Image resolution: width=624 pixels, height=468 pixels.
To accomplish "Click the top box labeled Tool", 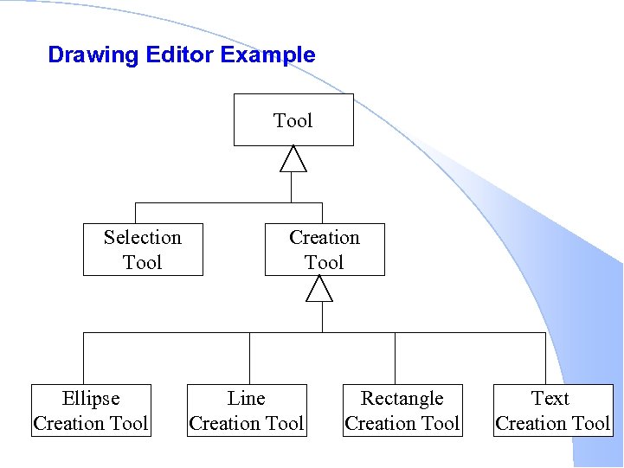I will coord(293,120).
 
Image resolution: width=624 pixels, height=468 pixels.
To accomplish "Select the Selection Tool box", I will coord(143,250).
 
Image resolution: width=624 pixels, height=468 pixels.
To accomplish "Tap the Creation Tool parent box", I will coord(325,250).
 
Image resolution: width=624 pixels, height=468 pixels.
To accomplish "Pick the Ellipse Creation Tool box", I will coord(91,411).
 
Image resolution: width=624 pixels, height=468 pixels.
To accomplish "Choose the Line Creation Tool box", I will coord(247,411).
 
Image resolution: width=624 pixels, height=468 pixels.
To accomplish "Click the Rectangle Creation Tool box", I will coord(402,411).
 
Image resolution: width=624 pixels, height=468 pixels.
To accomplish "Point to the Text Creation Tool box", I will coord(553,411).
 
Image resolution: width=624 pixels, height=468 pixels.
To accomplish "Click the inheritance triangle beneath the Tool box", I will coord(293,159).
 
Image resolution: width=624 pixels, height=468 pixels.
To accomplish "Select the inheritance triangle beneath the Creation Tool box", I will coord(320,289).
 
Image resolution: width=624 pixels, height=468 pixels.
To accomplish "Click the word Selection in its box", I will coord(143,237).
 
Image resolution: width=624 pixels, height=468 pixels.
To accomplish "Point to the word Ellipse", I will coord(91,399).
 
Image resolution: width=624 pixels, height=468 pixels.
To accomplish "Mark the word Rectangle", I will coord(402,399).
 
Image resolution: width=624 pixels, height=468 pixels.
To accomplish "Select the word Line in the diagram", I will coord(247,399).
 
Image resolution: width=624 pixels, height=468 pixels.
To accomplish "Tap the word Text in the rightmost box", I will coord(550,399).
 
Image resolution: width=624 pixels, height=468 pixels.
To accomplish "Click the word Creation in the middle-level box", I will coord(325,237).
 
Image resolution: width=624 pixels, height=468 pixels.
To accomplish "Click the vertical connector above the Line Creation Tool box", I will coord(249,358).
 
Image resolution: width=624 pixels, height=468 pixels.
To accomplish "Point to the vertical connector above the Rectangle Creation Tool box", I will coord(396,358).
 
